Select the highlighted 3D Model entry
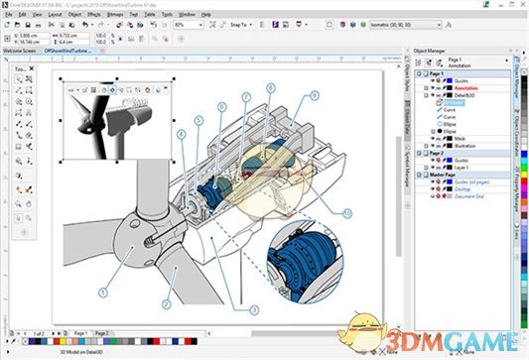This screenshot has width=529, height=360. point(457,101)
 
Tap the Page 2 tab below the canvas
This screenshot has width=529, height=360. point(102,334)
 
